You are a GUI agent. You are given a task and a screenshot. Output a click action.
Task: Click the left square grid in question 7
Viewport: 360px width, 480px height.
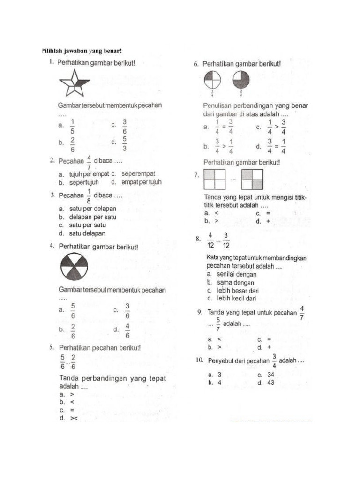pyautogui.click(x=215, y=180)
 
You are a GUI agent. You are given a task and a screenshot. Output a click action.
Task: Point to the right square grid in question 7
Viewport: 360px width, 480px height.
pyautogui.click(x=252, y=180)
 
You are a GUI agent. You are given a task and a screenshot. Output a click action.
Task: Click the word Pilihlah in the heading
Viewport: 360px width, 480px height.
pyautogui.click(x=53, y=51)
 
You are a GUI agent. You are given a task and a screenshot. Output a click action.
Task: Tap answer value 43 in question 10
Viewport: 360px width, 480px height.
pyautogui.click(x=270, y=382)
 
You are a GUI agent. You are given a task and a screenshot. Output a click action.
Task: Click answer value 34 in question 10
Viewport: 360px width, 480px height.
pyautogui.click(x=270, y=375)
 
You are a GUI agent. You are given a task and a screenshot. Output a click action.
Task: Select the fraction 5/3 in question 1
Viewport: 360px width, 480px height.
pyautogui.click(x=125, y=143)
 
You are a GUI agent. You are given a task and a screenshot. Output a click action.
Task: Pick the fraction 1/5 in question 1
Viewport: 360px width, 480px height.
pyautogui.click(x=72, y=125)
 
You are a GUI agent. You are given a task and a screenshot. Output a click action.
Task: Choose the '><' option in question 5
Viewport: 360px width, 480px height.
pyautogui.click(x=74, y=419)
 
